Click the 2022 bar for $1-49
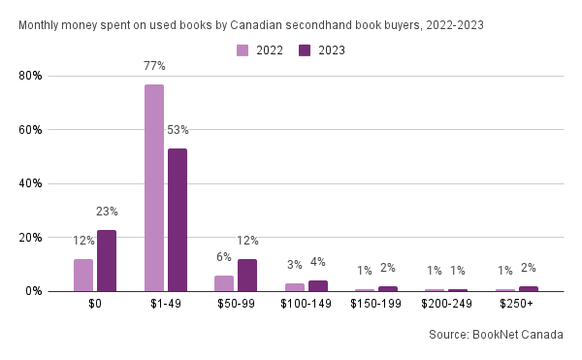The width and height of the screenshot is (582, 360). click(154, 188)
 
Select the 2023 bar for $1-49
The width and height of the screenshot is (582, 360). click(178, 220)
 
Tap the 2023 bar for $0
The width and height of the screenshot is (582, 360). click(107, 260)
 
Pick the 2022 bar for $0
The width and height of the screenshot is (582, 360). click(83, 276)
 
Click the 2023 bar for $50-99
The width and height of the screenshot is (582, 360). click(247, 276)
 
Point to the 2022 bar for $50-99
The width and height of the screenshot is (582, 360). click(224, 283)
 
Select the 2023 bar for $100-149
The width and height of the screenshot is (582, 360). click(318, 286)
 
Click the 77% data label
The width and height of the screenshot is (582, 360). click(154, 66)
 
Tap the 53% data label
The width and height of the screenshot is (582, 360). click(178, 130)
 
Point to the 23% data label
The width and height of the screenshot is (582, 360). click(107, 212)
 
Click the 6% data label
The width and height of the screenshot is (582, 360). click(224, 257)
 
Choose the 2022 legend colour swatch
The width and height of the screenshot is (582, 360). click(242, 50)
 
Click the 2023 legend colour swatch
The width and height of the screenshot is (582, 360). click(305, 50)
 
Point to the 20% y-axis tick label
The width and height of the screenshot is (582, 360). click(30, 238)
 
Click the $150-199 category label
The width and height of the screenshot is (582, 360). click(376, 304)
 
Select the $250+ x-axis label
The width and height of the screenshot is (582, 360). click(516, 304)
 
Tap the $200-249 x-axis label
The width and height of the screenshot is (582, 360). click(446, 304)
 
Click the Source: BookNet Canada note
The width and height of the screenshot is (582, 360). click(496, 335)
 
